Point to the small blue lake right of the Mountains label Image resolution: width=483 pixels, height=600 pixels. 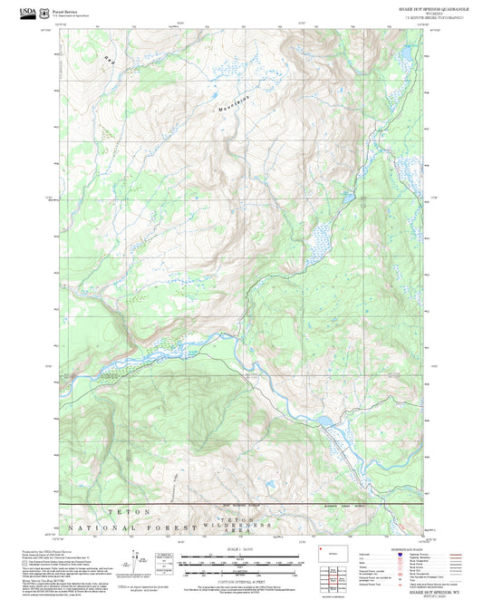pos(346,196)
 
